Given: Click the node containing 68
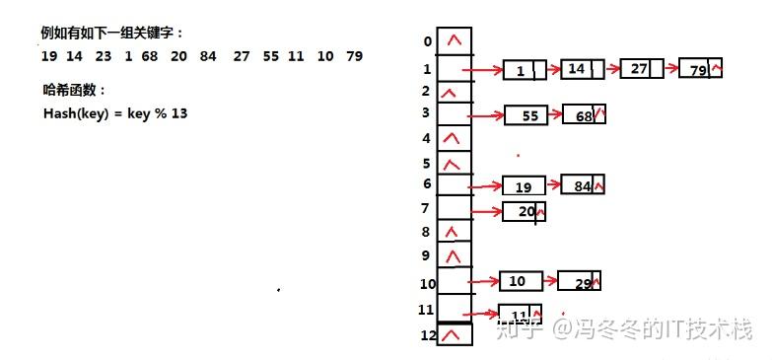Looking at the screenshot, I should [x=584, y=115].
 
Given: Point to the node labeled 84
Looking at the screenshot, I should [x=582, y=184].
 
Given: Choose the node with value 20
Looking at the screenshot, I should [x=524, y=211].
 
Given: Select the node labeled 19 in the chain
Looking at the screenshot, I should [x=524, y=185].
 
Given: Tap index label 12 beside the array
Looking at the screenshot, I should [x=427, y=337].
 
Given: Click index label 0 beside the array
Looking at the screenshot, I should [x=427, y=41].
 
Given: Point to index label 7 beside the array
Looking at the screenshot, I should [x=426, y=208].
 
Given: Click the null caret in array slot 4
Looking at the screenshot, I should [x=453, y=138].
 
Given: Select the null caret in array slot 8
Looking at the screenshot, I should [x=453, y=233].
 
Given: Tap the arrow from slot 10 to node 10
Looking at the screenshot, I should [x=484, y=281].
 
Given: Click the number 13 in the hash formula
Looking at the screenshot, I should [x=179, y=113].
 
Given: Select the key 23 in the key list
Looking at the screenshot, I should [x=103, y=56].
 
